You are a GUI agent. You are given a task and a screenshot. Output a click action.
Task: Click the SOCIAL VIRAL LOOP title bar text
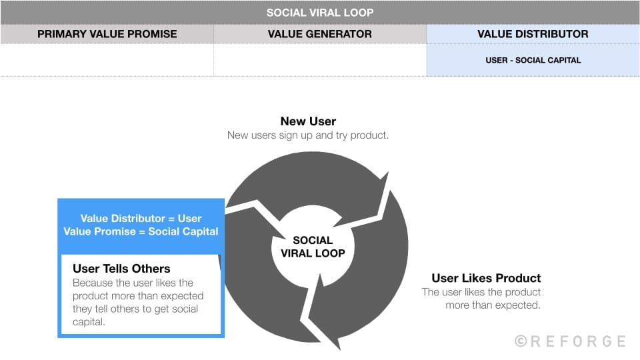coord(320,13)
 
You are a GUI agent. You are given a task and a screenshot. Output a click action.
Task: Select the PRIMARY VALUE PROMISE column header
coord(107,34)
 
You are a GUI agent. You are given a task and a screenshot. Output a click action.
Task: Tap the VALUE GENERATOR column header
coord(319,34)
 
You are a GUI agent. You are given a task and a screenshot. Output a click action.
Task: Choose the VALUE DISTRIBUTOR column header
coord(533,34)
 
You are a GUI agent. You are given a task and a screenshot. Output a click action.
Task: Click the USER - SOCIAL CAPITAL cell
coord(533,60)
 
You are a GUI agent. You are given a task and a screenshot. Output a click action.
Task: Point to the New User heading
coord(308,121)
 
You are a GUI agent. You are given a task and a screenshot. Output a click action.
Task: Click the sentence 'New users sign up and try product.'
coord(308,135)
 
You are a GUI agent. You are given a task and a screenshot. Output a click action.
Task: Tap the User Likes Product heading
coord(486,278)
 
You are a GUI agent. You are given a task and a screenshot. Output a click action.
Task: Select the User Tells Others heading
coord(121,269)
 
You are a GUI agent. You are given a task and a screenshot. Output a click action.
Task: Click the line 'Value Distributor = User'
coord(141,218)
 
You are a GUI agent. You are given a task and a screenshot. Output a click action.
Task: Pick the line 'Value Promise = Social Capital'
coord(141,231)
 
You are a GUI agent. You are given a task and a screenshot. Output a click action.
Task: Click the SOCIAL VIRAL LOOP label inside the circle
coord(313,247)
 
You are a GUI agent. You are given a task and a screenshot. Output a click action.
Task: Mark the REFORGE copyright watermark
coord(570,341)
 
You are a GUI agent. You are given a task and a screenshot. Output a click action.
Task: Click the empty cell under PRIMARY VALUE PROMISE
coord(107,60)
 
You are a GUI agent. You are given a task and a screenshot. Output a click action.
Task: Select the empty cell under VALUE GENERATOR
coord(319,60)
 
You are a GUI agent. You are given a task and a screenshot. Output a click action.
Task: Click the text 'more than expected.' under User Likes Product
coord(493,305)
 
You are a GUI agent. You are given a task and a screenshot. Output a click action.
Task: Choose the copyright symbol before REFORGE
coord(521,341)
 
